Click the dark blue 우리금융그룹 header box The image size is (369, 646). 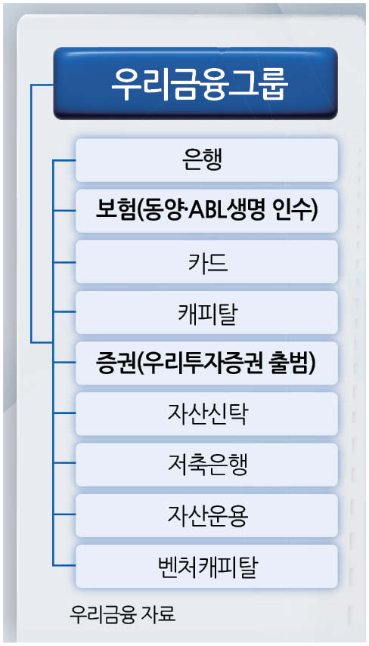tap(196, 83)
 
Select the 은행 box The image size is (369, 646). tap(206, 160)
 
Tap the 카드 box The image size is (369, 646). tap(206, 261)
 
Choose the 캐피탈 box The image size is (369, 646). tap(206, 312)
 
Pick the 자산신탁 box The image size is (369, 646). tap(206, 413)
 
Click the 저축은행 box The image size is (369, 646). tap(206, 465)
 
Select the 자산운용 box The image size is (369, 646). tap(206, 515)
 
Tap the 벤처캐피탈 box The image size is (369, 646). tap(206, 566)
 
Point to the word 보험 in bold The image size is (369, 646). tap(110, 211)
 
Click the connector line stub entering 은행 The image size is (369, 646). tap(64, 160)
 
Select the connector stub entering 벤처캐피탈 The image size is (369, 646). tap(64, 565)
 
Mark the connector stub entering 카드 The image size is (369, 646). tap(64, 261)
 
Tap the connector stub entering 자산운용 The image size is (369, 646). tap(64, 515)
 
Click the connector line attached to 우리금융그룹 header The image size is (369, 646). tap(32, 213)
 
